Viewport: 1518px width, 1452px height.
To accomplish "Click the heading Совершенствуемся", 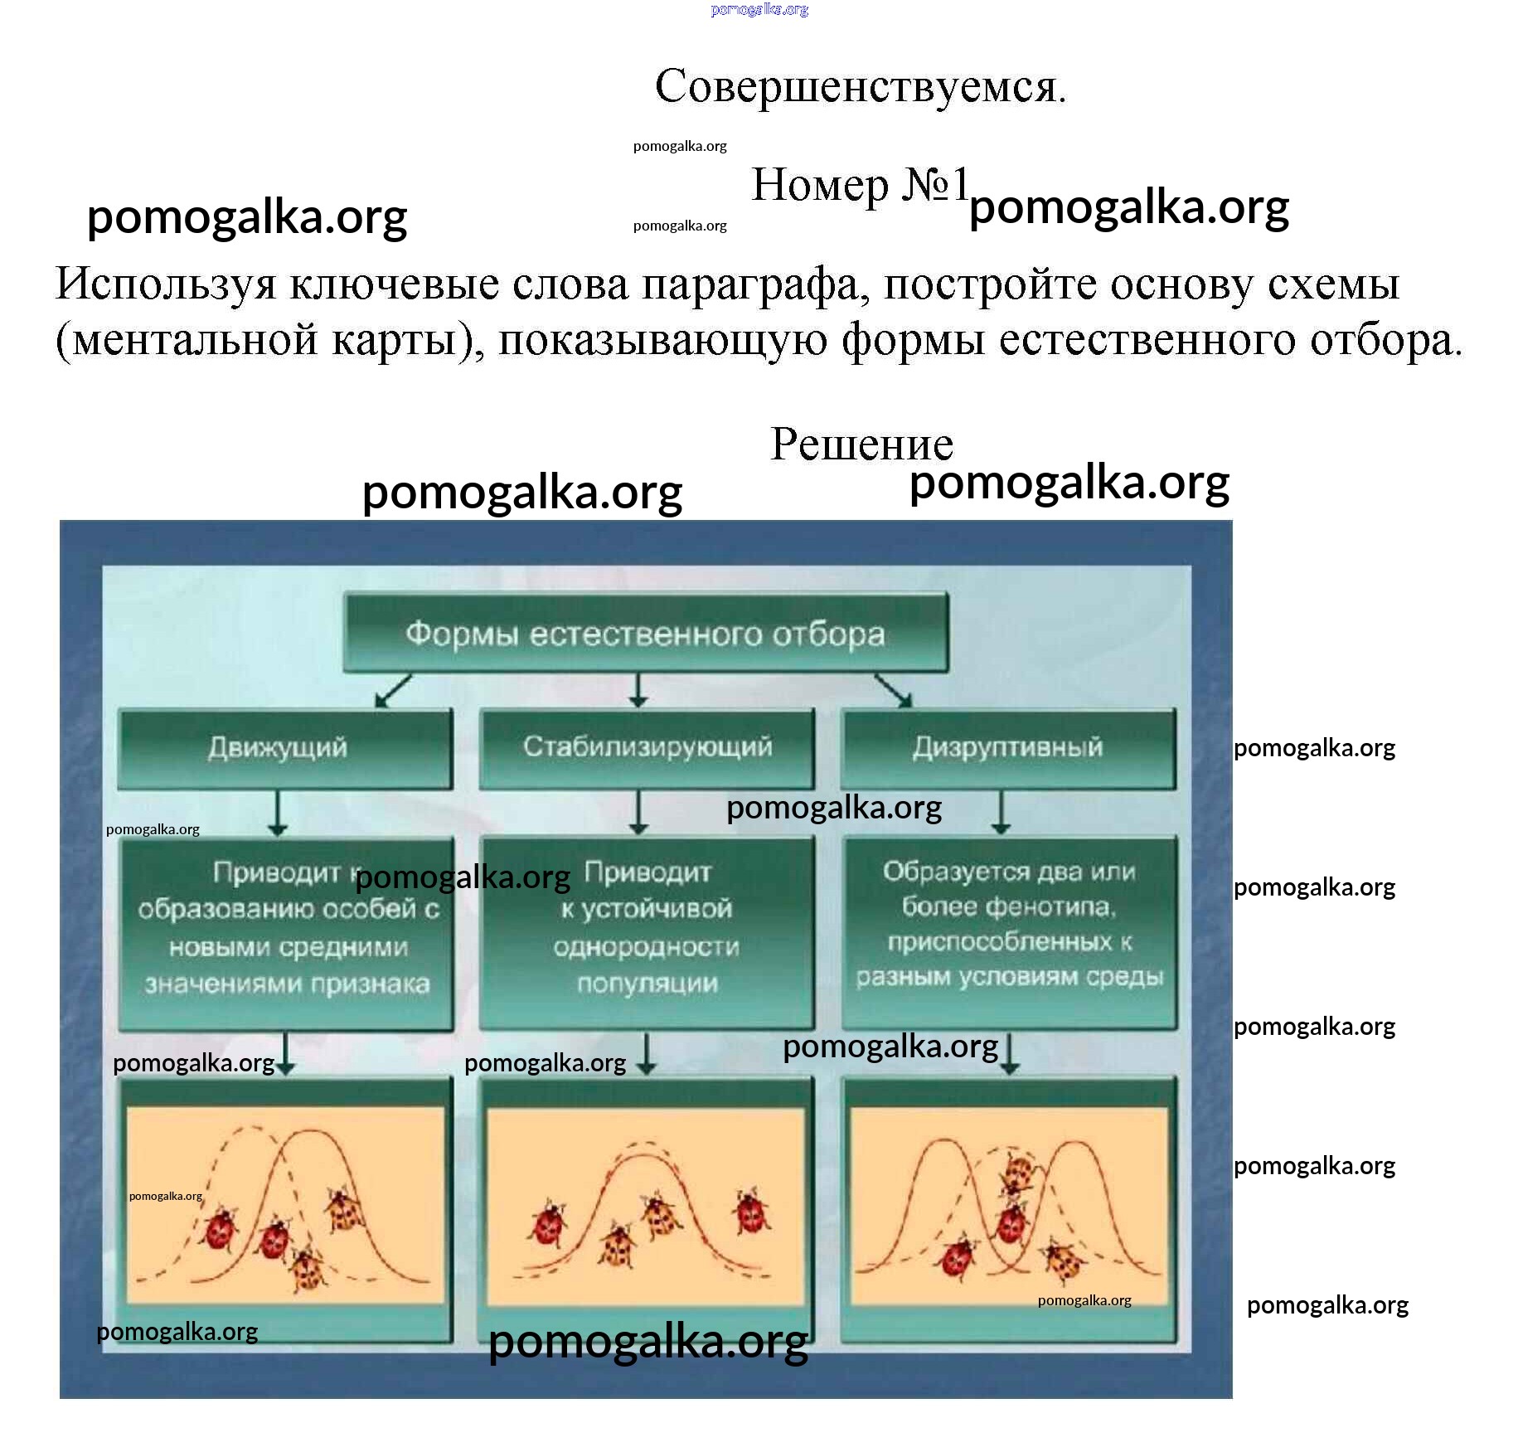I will (860, 86).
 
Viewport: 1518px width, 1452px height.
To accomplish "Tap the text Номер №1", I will (859, 185).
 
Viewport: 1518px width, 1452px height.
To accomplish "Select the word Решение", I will (861, 444).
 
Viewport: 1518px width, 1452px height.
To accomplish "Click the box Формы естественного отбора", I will (645, 634).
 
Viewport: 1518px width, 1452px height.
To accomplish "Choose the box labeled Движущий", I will (284, 748).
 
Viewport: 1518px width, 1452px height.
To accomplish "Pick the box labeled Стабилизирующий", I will (647, 747).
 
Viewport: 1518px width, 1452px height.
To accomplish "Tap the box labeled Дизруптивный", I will (1008, 747).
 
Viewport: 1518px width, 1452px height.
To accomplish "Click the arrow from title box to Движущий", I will (393, 691).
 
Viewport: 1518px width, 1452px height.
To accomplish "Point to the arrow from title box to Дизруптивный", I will (894, 691).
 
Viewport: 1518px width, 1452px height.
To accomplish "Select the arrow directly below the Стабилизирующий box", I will (638, 812).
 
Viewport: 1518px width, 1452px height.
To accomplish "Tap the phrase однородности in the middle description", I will (647, 947).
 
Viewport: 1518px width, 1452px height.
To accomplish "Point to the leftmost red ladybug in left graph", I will (219, 1228).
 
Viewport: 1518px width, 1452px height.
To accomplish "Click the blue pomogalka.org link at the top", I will (759, 10).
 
